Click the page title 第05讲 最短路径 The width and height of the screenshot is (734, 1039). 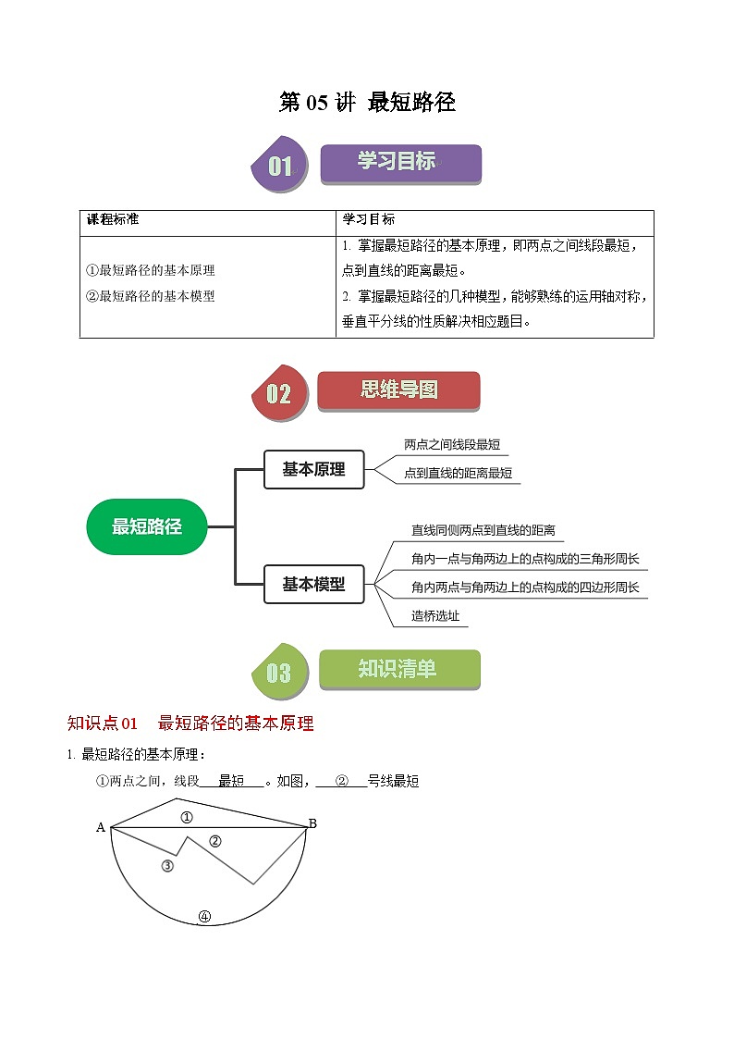pyautogui.click(x=367, y=103)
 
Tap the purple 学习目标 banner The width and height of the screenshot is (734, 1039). pyautogui.click(x=400, y=163)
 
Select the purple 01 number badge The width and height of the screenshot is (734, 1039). pyautogui.click(x=280, y=167)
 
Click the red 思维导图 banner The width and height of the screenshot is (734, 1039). pyautogui.click(x=398, y=390)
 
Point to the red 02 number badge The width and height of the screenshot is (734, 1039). pyautogui.click(x=278, y=394)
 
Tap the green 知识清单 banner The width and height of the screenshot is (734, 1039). pyautogui.click(x=398, y=669)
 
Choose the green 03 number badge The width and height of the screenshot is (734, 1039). pyautogui.click(x=278, y=673)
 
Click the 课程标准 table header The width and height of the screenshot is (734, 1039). pyautogui.click(x=113, y=220)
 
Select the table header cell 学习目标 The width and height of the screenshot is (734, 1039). pyautogui.click(x=369, y=220)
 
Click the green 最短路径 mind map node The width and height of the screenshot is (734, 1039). pyautogui.click(x=146, y=527)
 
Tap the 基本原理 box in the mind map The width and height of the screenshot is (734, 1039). pyautogui.click(x=314, y=470)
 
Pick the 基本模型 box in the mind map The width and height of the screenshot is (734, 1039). pyautogui.click(x=314, y=585)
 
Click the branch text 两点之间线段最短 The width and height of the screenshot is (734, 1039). pyautogui.click(x=452, y=445)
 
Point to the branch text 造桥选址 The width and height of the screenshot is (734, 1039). pyautogui.click(x=435, y=616)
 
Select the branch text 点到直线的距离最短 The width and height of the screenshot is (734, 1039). pyautogui.click(x=458, y=474)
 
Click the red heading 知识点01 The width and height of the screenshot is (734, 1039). pyautogui.click(x=103, y=724)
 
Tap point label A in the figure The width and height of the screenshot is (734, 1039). pyautogui.click(x=101, y=828)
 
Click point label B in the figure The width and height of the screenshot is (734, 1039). pyautogui.click(x=312, y=823)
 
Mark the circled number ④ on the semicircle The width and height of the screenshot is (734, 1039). pyautogui.click(x=204, y=918)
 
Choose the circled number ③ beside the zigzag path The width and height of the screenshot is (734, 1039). pyautogui.click(x=167, y=866)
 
